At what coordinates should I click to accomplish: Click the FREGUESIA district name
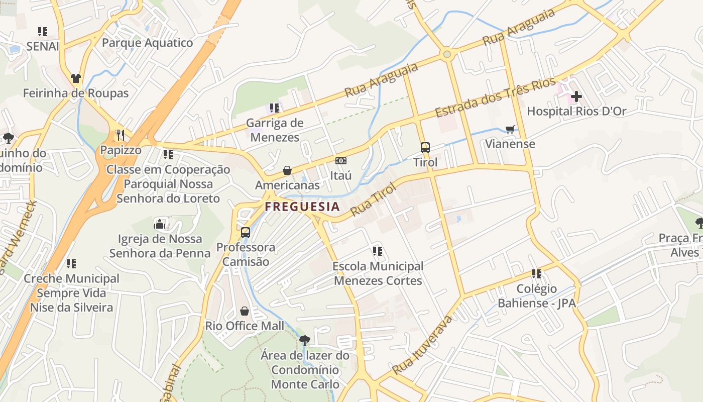pos(302,207)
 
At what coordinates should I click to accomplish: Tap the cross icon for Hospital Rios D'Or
pos(576,96)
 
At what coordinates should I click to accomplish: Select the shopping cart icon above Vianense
pos(510,129)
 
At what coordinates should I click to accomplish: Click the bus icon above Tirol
pos(425,147)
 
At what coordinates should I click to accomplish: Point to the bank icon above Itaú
pos(341,161)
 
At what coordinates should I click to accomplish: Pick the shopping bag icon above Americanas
pos(287,170)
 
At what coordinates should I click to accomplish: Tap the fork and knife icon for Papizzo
pos(120,135)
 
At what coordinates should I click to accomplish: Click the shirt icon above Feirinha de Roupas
pos(76,78)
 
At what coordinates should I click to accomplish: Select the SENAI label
pos(43,47)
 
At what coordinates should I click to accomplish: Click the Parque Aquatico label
pos(147,43)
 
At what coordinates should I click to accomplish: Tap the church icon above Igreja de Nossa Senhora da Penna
pos(160,224)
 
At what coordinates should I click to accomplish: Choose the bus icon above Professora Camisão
pos(246,232)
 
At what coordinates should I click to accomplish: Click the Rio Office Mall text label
pos(245,326)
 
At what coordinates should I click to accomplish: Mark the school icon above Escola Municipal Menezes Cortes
pos(378,251)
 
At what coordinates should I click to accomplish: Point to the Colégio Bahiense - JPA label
pos(537,296)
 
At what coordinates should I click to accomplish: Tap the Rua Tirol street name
pos(373,199)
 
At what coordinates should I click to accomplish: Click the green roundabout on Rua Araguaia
pos(447,54)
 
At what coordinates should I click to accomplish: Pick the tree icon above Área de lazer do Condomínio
pos(305,340)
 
